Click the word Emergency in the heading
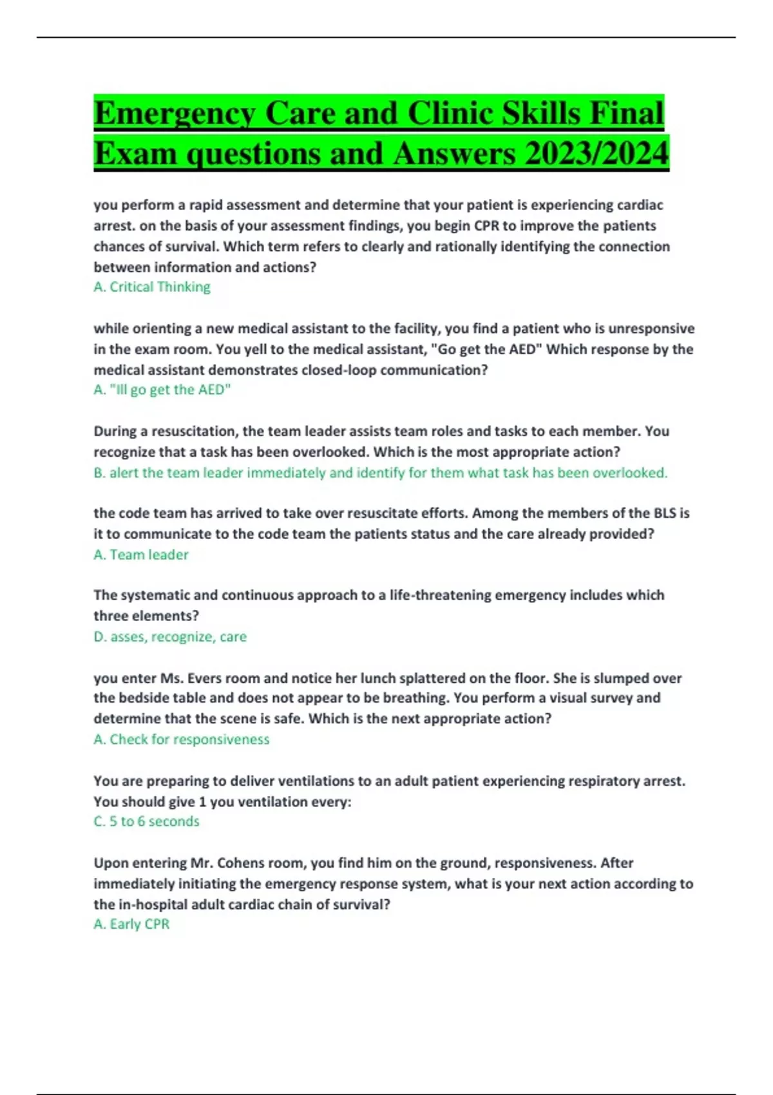(x=175, y=114)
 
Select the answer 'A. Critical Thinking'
(x=152, y=287)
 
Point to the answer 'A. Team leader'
(x=141, y=555)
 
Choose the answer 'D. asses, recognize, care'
(x=170, y=636)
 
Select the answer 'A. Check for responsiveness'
(x=182, y=739)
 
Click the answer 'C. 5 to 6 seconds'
(x=147, y=821)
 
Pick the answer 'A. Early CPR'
(x=132, y=924)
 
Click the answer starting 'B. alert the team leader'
(x=380, y=473)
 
